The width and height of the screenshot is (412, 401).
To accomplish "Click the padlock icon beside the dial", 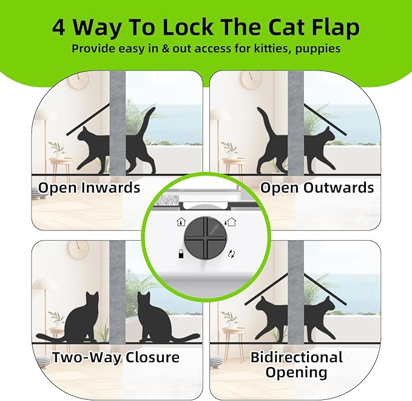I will point(180,254).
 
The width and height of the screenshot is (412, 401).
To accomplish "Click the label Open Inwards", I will point(89,188).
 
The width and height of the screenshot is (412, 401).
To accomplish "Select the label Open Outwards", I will point(317,188).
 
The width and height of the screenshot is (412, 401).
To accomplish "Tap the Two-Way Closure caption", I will point(116,357).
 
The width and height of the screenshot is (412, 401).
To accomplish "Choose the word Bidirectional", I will point(296,357).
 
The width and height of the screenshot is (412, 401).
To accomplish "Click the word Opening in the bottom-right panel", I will point(296,372).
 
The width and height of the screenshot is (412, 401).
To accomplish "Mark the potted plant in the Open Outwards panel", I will point(229,149).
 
